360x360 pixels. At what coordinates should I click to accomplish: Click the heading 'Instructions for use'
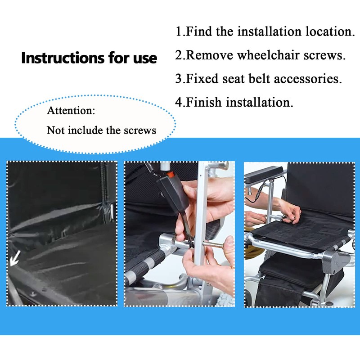89,58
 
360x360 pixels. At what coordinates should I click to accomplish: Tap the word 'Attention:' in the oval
71,110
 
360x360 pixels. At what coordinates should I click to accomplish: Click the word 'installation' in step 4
258,102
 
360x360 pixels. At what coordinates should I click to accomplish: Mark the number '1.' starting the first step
180,32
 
